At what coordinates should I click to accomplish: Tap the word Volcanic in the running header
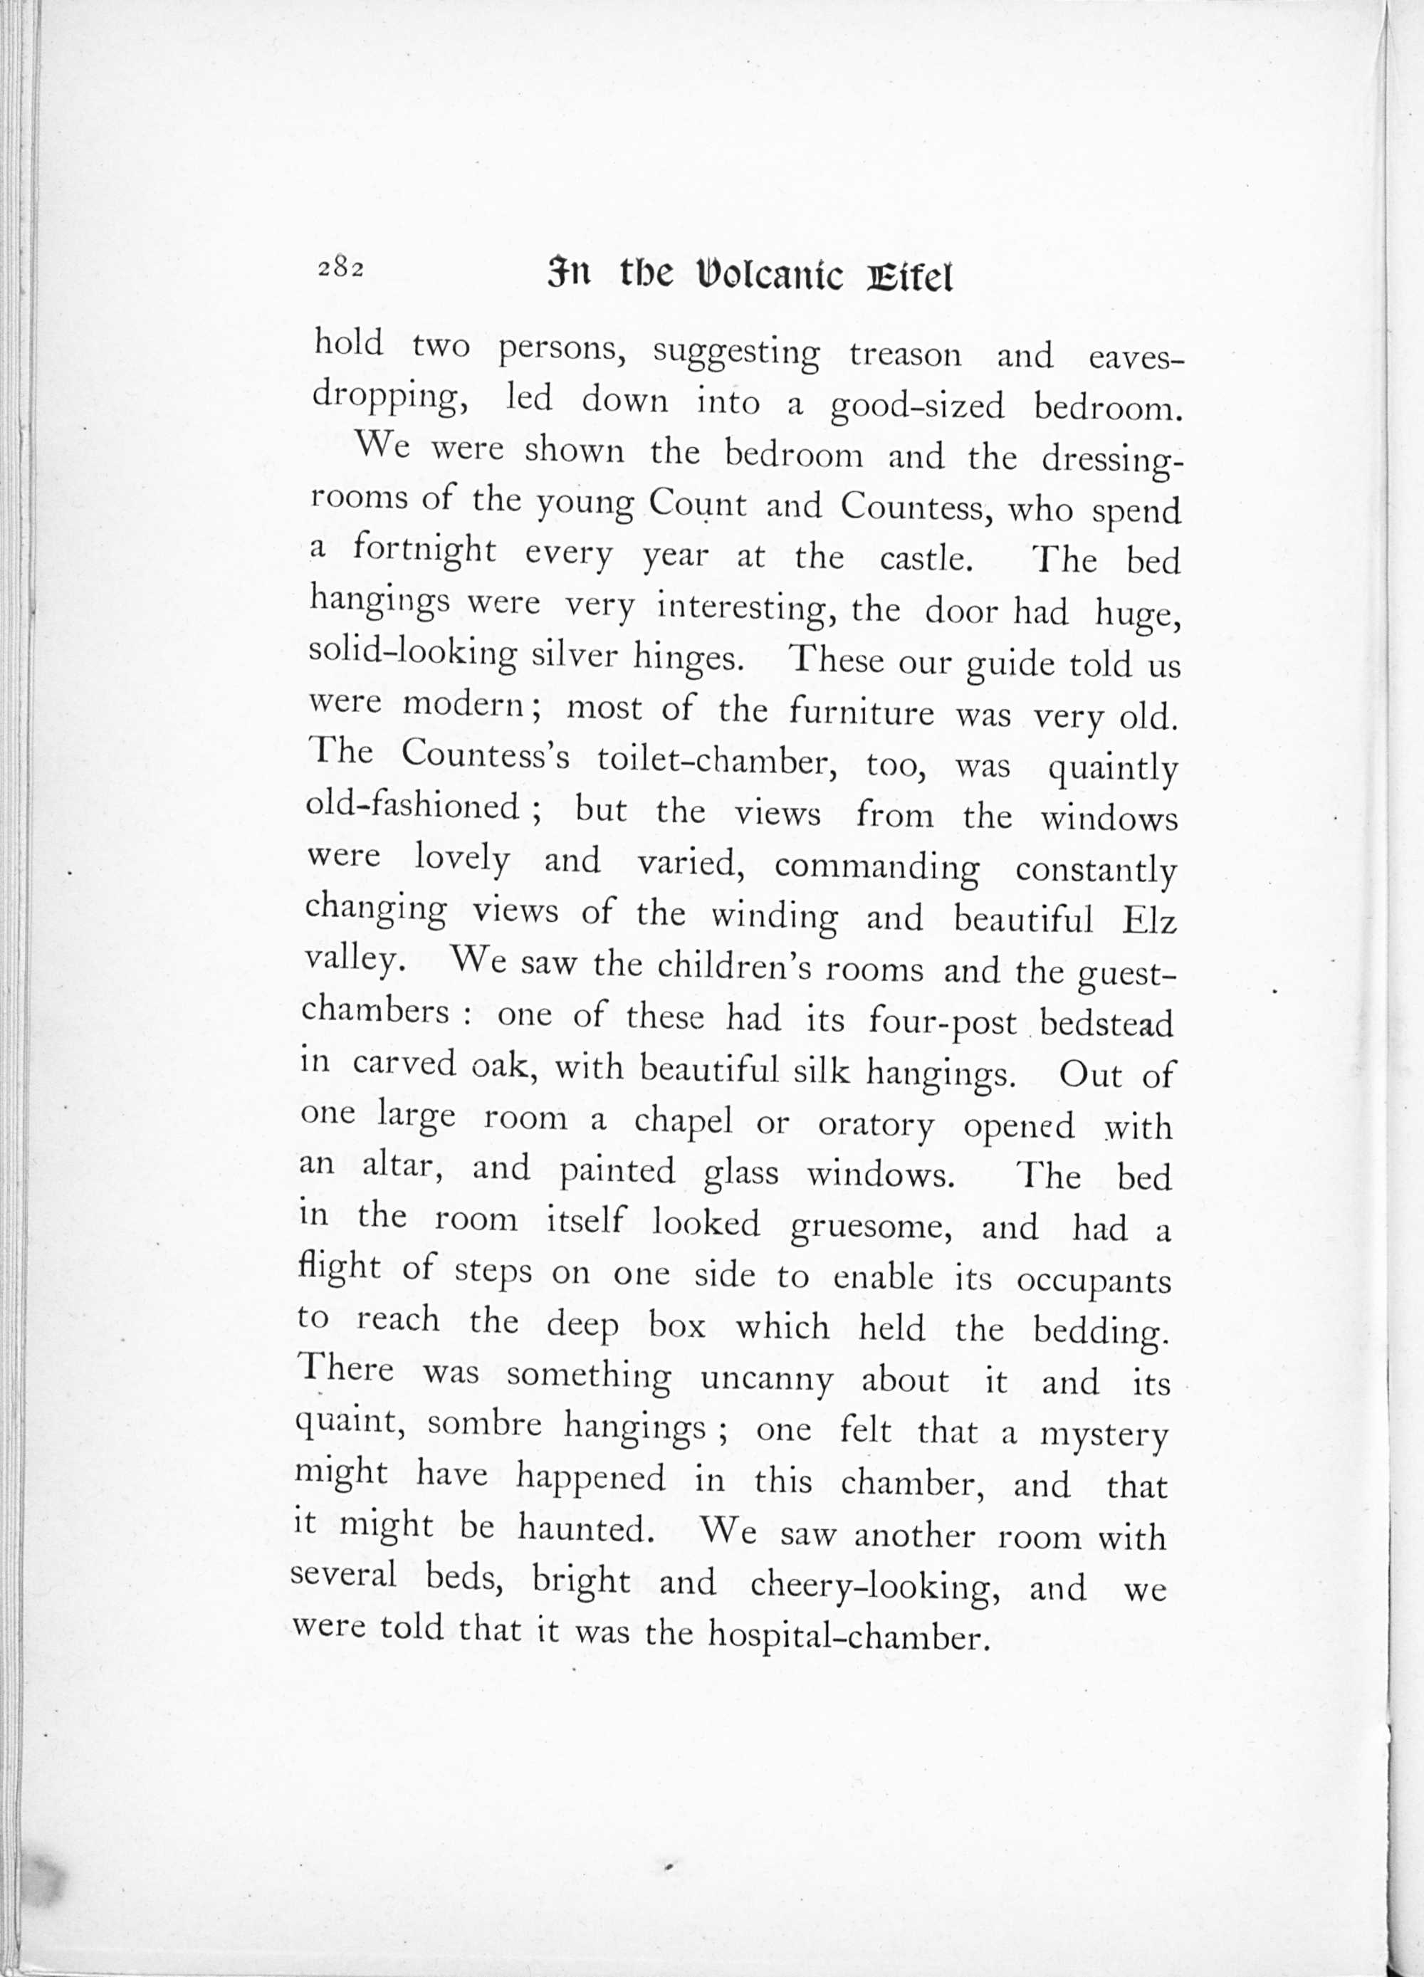pyautogui.click(x=771, y=276)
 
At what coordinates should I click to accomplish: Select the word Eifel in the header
pyautogui.click(x=909, y=277)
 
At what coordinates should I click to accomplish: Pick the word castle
pyautogui.click(x=925, y=558)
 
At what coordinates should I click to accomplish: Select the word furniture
pyautogui.click(x=862, y=714)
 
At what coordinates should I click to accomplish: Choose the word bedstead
pyautogui.click(x=1106, y=1023)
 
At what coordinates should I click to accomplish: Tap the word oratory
pyautogui.click(x=876, y=1126)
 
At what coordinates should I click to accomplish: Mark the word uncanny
pyautogui.click(x=767, y=1380)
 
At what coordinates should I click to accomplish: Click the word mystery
pyautogui.click(x=1103, y=1434)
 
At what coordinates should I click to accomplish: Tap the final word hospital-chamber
pyautogui.click(x=849, y=1635)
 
